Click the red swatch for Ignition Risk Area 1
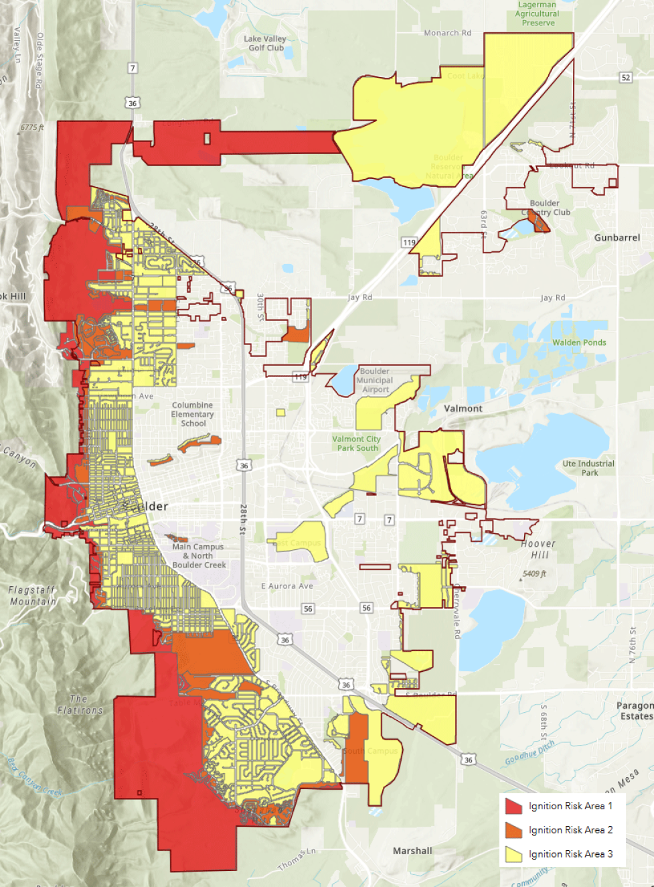point(513,806)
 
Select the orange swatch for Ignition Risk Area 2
point(513,830)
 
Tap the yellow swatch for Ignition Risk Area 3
point(513,854)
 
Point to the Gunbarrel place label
point(617,238)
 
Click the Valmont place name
point(463,409)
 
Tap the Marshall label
point(412,851)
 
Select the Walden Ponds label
point(579,342)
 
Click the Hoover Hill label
point(538,549)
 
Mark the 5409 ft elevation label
point(535,574)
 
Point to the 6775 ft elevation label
point(31,127)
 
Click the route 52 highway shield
point(626,78)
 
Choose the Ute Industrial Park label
point(588,468)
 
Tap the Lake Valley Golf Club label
point(265,44)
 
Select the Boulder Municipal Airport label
point(375,381)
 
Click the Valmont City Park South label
point(357,443)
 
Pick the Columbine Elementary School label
point(193,414)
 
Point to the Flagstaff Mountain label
point(32,596)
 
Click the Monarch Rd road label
point(447,33)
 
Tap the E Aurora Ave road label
point(287,586)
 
